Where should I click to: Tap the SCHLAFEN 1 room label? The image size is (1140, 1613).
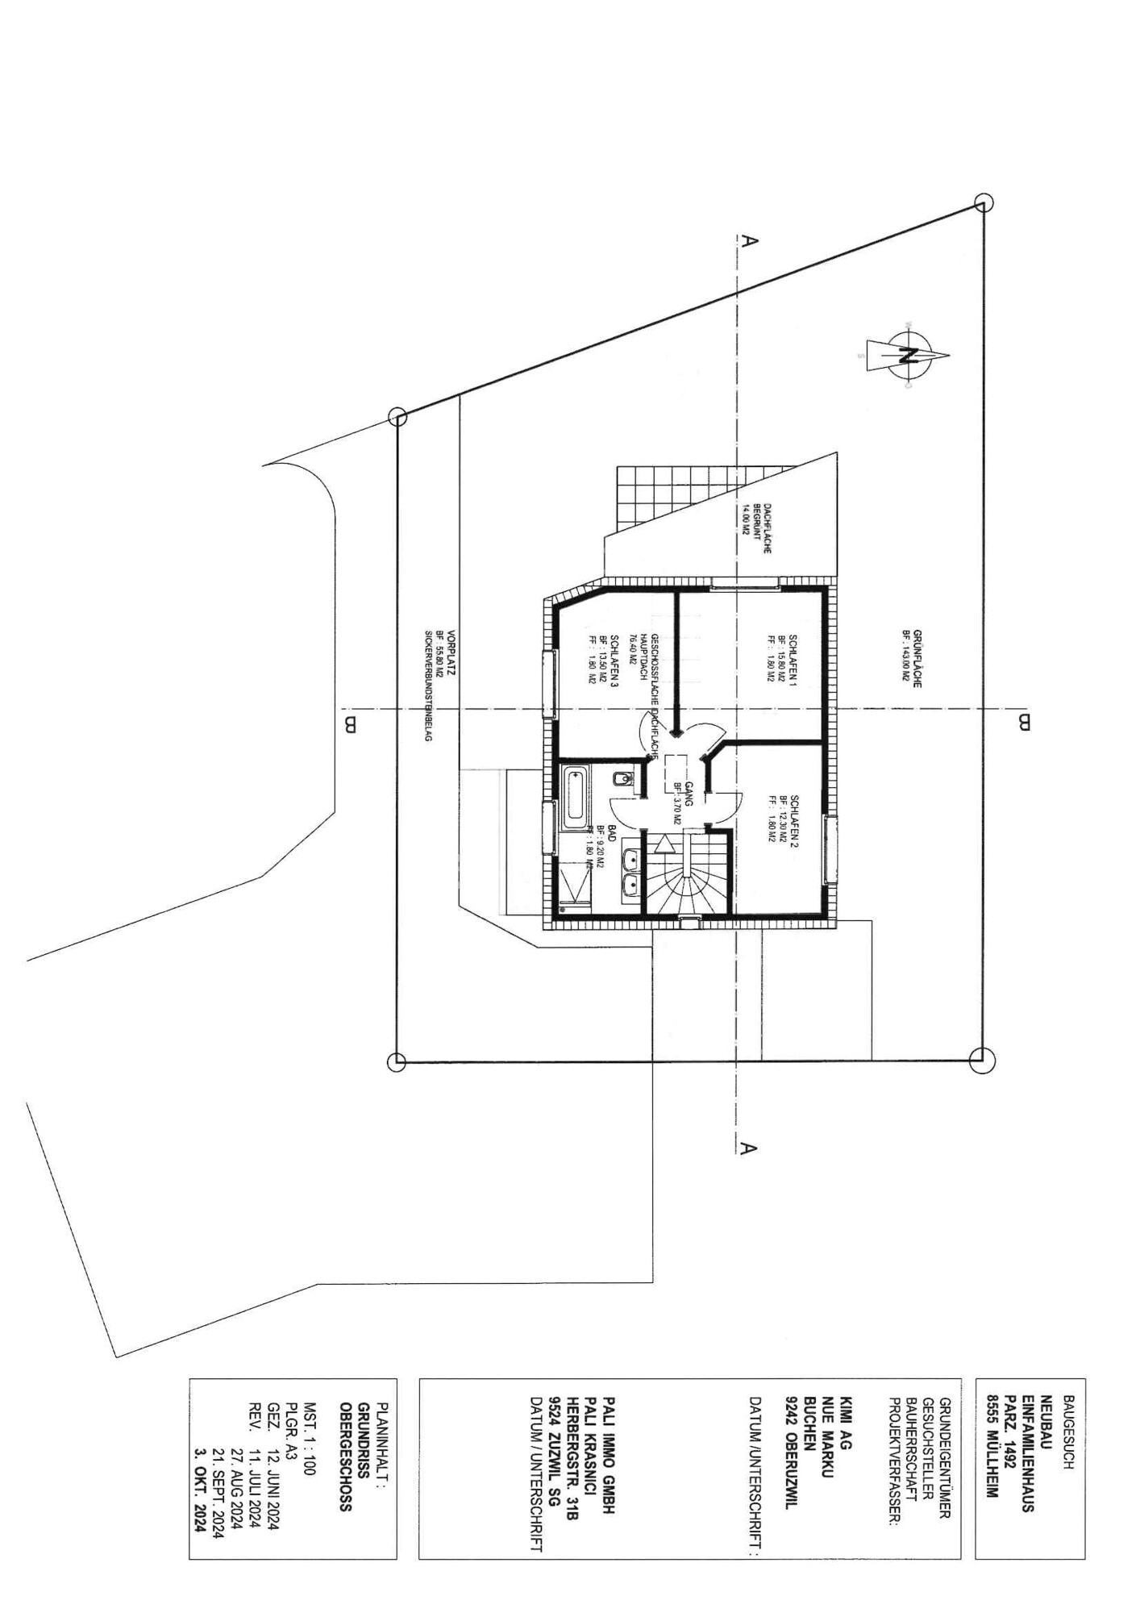[x=793, y=658]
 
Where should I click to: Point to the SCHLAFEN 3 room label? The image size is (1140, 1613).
[x=614, y=659]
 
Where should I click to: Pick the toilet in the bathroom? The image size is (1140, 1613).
[x=622, y=780]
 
